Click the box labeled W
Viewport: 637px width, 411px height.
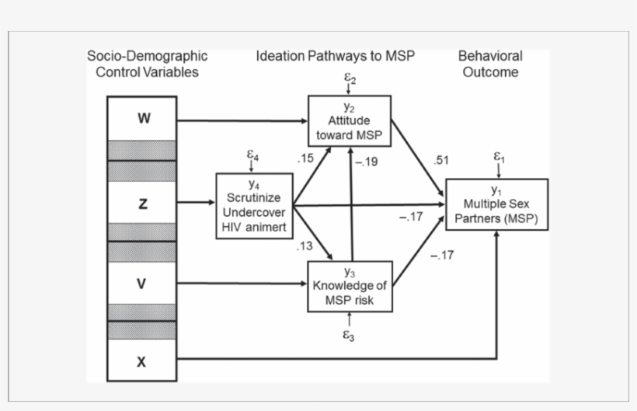pyautogui.click(x=141, y=119)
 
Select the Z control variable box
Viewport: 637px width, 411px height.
pyautogui.click(x=141, y=204)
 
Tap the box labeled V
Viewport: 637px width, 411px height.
pyautogui.click(x=141, y=284)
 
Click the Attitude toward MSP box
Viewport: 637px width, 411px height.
pyautogui.click(x=350, y=120)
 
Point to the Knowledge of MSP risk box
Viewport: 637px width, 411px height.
pyautogui.click(x=350, y=287)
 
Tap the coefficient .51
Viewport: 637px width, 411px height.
pyautogui.click(x=440, y=160)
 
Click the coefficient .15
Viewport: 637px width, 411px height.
pyautogui.click(x=305, y=158)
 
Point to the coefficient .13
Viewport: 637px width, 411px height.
pyautogui.click(x=304, y=246)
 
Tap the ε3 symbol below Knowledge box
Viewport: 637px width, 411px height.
pyautogui.click(x=350, y=336)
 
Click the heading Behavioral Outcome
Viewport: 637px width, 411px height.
pyautogui.click(x=490, y=64)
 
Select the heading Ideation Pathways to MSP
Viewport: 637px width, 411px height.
pyautogui.click(x=336, y=56)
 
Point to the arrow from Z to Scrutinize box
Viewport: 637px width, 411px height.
pyautogui.click(x=196, y=204)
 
